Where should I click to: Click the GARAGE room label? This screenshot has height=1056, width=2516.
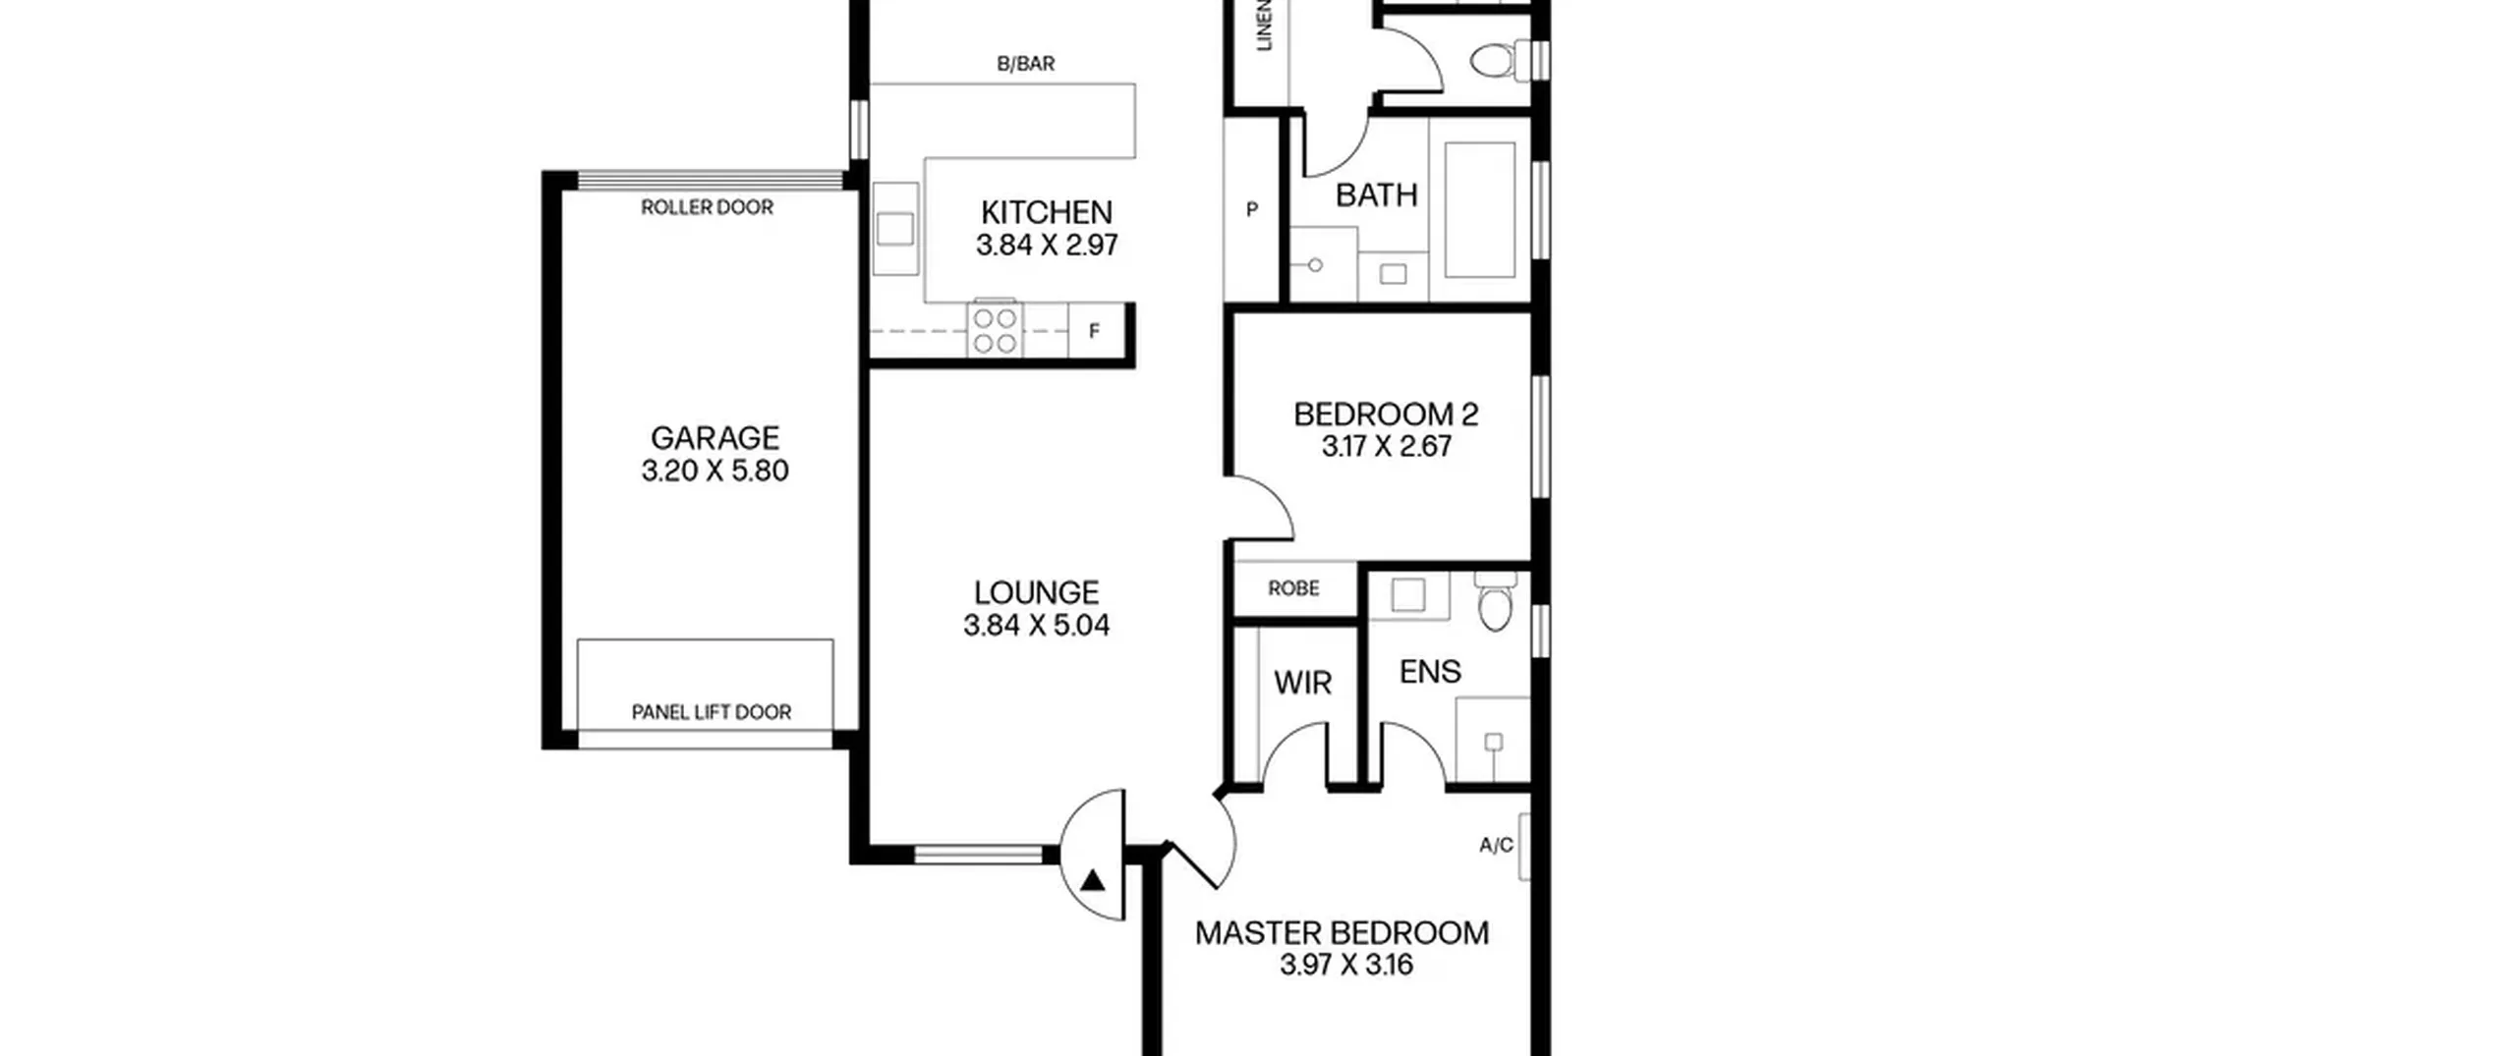click(715, 438)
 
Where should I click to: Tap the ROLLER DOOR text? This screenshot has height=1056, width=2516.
click(707, 207)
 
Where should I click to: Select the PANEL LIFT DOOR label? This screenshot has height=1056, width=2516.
click(711, 712)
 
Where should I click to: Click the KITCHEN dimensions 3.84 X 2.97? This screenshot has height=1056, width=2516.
click(1047, 246)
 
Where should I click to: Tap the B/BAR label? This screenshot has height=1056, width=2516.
click(1026, 64)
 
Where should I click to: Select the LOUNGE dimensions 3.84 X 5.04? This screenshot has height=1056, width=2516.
click(1036, 626)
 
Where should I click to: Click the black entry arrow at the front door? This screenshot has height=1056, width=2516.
click(1092, 880)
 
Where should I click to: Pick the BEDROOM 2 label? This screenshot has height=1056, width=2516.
click(1386, 415)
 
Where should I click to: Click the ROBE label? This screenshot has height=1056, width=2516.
click(1293, 588)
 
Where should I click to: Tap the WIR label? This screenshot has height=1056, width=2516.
click(1302, 683)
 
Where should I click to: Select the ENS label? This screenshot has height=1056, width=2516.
click(1430, 672)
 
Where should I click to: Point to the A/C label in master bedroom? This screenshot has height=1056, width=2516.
click(1496, 846)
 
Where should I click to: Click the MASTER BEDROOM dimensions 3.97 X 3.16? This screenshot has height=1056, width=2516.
click(1346, 966)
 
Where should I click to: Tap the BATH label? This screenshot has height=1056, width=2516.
click(1376, 195)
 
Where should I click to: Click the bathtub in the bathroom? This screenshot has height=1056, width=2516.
click(1479, 210)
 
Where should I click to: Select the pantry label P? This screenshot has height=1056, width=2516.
click(1252, 209)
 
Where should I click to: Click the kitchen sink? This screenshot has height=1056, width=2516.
click(895, 229)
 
